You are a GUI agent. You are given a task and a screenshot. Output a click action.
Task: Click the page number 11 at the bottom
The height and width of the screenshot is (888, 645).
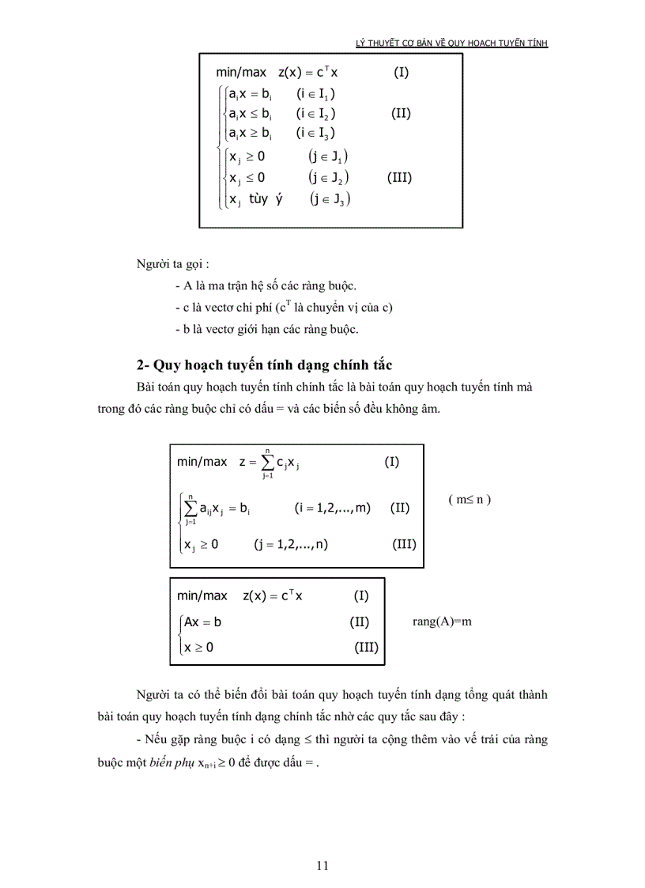coord(322,865)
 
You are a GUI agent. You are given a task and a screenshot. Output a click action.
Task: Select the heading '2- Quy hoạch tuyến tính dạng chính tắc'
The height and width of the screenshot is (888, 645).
coord(264,365)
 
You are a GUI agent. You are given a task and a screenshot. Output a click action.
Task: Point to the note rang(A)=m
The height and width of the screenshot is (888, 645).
coord(442,622)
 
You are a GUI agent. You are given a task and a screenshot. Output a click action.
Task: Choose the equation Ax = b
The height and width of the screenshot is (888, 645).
coord(202,622)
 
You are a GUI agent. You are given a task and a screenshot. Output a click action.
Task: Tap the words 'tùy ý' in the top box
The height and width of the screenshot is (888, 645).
coord(266,198)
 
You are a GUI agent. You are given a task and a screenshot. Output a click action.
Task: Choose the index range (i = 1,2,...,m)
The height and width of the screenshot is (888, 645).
coord(332,508)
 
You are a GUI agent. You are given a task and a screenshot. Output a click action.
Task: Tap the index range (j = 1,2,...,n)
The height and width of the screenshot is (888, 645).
coord(291,544)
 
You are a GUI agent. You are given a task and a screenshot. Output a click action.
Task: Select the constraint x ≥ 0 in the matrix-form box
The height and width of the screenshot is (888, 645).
coord(198,648)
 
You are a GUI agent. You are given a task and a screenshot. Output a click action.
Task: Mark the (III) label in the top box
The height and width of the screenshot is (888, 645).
coord(399,177)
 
